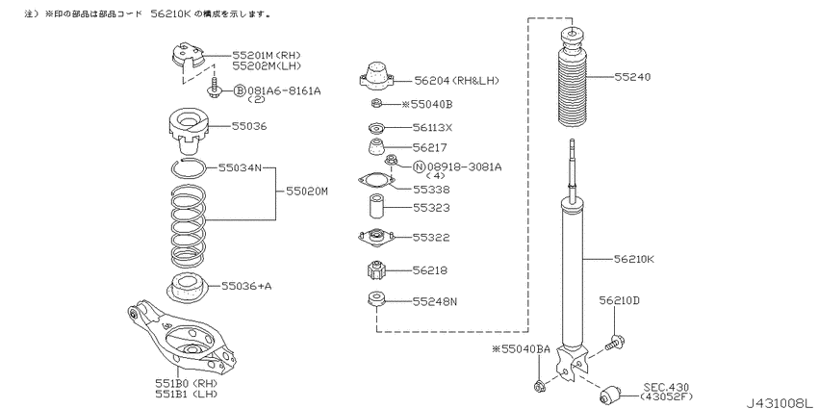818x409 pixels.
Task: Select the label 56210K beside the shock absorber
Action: [634, 259]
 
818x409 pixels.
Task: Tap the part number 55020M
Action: [307, 192]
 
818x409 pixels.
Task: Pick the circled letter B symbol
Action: [239, 90]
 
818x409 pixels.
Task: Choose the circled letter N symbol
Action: [419, 166]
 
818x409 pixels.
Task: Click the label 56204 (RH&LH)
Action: [457, 80]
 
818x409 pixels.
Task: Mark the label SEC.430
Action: [666, 387]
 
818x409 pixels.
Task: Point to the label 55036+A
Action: [246, 286]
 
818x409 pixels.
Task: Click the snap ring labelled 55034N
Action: [188, 168]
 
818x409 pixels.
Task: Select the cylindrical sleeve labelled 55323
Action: [377, 207]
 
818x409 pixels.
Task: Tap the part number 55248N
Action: [435, 301]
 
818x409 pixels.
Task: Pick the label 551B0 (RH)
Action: [187, 383]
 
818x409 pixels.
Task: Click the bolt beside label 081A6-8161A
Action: [214, 89]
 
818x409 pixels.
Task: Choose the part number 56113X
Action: [432, 127]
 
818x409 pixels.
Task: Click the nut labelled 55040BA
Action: [540, 387]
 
